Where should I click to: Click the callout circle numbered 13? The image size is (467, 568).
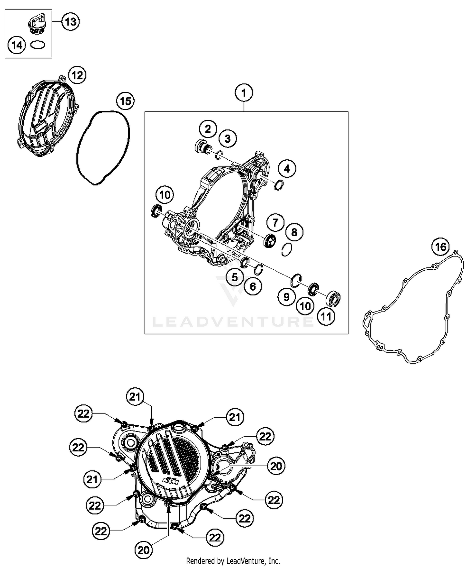[70, 22]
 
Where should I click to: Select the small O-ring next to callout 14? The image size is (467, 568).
[38, 45]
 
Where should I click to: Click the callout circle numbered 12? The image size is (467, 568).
[77, 75]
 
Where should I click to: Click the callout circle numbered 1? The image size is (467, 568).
[244, 93]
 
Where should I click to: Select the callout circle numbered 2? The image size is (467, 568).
[208, 129]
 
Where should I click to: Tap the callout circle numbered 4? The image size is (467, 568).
[287, 169]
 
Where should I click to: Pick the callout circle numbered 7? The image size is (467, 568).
[275, 223]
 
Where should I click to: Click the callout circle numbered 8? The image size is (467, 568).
[294, 232]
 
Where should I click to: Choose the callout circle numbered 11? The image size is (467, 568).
[326, 317]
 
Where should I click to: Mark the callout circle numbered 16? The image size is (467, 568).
[441, 247]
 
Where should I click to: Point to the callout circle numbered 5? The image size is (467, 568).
[235, 277]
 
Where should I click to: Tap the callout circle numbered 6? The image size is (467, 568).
[253, 286]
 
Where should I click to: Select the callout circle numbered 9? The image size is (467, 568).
[286, 297]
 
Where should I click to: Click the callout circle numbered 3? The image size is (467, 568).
[228, 139]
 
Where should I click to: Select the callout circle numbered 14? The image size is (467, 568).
[17, 45]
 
